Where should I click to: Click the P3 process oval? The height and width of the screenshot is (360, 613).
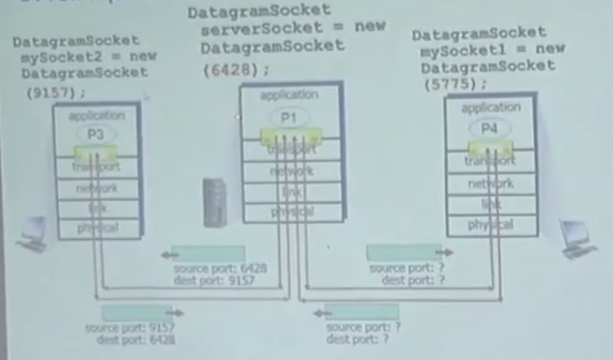click(x=95, y=133)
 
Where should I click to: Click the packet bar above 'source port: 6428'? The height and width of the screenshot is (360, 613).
click(x=207, y=254)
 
